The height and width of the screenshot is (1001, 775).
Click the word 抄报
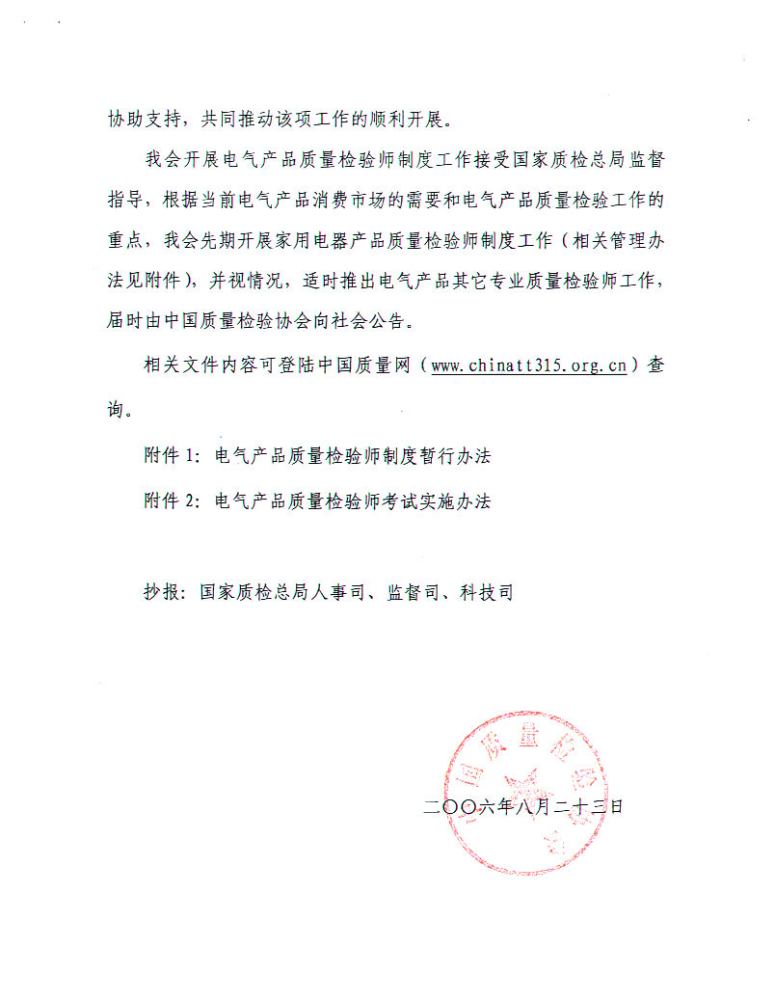click(161, 592)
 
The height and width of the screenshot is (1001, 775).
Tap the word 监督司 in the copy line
click(412, 592)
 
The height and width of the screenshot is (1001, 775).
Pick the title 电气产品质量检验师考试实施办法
click(353, 501)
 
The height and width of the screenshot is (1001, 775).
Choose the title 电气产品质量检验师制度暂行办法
click(353, 456)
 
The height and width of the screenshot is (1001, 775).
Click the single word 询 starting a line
click(117, 410)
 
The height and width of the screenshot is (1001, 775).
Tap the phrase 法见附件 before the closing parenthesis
click(144, 281)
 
